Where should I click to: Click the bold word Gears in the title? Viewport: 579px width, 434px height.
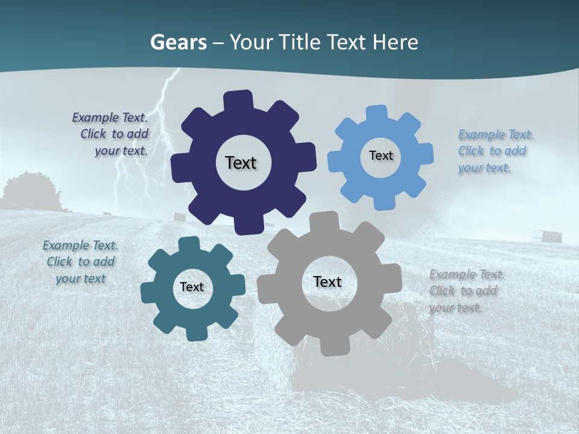click(x=179, y=42)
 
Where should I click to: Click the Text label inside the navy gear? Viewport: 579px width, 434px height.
click(x=241, y=163)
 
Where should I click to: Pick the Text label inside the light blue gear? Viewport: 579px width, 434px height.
click(x=381, y=156)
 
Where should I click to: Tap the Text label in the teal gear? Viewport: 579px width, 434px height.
click(x=192, y=287)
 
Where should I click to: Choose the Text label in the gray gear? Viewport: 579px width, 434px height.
click(x=327, y=281)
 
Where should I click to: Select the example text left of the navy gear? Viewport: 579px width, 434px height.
click(x=111, y=134)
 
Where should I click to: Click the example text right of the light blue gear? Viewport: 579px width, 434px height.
click(x=495, y=151)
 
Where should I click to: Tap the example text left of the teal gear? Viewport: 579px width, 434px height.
click(x=80, y=262)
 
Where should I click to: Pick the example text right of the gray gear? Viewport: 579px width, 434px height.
click(x=466, y=291)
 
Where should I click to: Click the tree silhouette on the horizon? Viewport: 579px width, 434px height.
click(x=30, y=191)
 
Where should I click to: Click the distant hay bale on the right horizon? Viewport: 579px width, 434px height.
click(x=551, y=236)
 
